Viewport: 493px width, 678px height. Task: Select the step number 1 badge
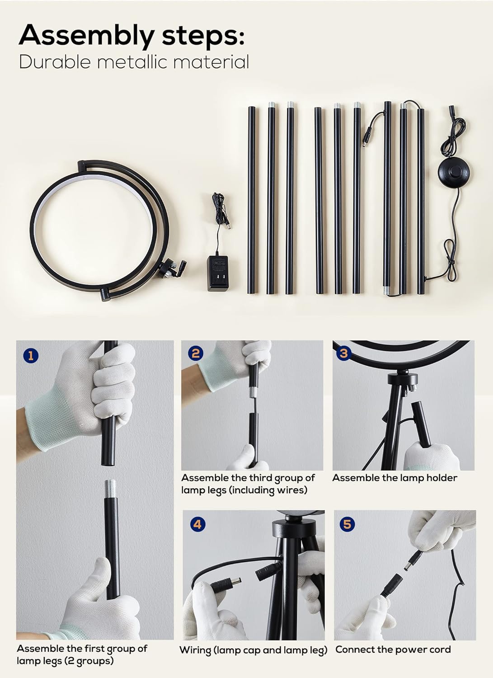[x=31, y=356]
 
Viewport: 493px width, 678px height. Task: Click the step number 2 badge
[x=195, y=353]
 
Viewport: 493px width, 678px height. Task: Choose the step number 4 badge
[x=197, y=524]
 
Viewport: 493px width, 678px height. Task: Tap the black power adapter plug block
[x=217, y=273]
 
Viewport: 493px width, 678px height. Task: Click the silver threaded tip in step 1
[x=110, y=486]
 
